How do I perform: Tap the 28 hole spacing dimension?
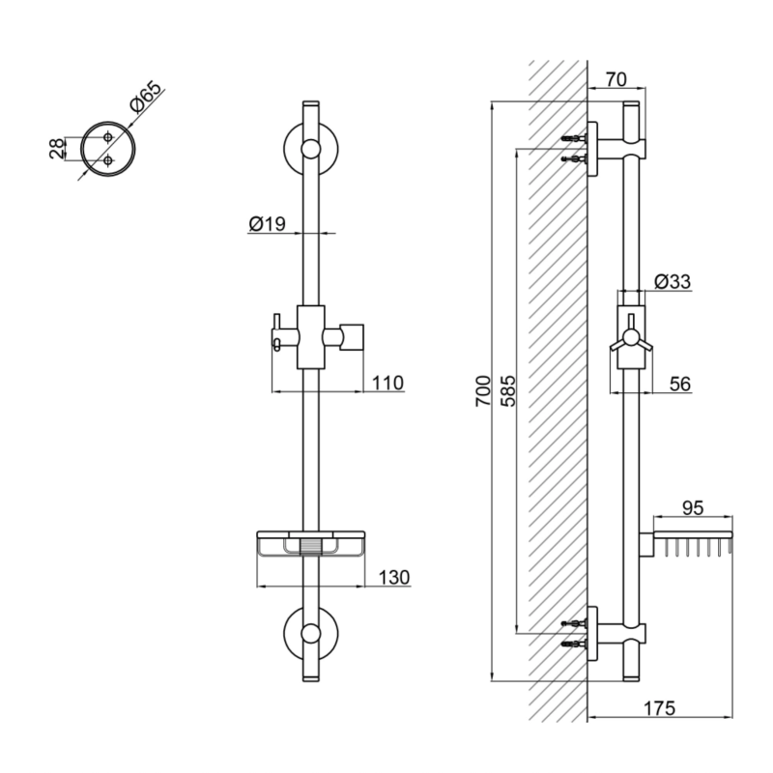57,149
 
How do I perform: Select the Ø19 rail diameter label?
268,224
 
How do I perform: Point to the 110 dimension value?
387,383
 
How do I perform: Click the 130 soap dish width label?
394,577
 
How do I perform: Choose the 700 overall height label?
483,391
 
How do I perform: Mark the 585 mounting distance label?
508,391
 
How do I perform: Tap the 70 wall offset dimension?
616,79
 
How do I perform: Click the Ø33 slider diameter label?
673,281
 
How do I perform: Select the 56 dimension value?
680,384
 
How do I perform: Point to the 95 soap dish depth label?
693,508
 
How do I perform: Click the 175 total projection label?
660,708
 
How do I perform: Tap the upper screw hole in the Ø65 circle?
108,137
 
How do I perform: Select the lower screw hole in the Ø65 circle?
108,160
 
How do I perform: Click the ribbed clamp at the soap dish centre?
310,547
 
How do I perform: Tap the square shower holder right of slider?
353,337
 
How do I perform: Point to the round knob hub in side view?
631,337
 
